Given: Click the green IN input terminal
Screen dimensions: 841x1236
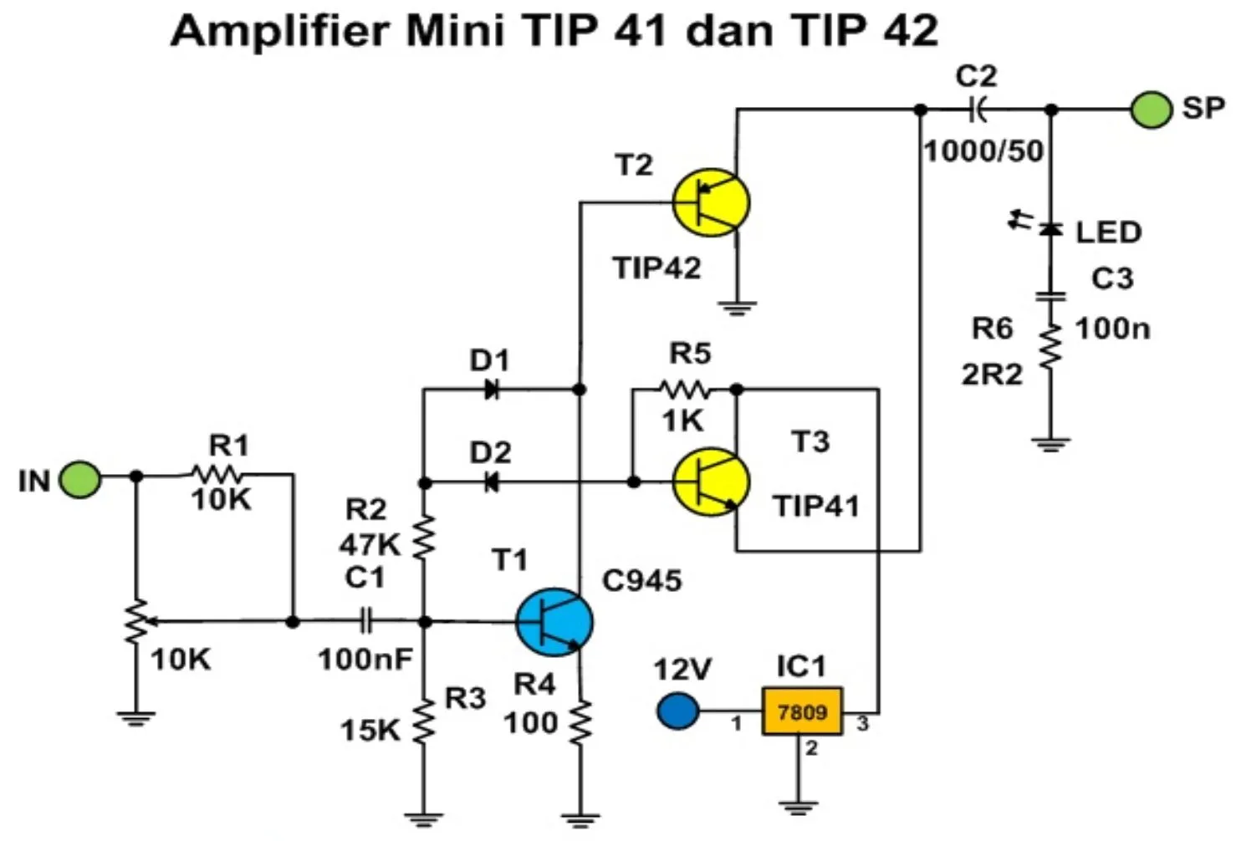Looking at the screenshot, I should tap(80, 479).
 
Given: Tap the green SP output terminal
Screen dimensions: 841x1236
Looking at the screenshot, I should tap(1151, 110).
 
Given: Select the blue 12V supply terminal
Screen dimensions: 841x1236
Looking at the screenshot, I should tap(677, 711).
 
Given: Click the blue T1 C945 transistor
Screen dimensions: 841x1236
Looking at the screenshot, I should tap(554, 622).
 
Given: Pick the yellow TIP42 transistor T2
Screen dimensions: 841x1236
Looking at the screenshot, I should tap(711, 202).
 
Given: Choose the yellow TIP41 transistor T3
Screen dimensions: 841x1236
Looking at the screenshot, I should tap(711, 482).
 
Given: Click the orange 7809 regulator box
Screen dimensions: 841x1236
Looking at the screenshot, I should tap(802, 711).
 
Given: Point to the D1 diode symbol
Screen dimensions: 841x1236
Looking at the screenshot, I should tap(492, 390).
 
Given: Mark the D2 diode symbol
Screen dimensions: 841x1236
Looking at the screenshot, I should tap(492, 482).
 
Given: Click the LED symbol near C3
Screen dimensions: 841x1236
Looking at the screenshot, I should tap(1050, 228).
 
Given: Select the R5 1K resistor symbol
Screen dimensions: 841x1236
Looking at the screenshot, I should tap(685, 390).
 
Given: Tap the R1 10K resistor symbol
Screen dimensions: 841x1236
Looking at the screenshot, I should tap(217, 474).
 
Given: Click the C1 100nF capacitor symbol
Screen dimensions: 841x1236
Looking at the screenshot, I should tap(365, 621).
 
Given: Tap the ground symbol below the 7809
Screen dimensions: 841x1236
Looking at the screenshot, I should tap(799, 808).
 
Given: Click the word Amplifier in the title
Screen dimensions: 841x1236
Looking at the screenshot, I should tap(280, 31).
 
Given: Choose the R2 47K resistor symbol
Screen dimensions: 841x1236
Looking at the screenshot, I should tap(424, 538).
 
